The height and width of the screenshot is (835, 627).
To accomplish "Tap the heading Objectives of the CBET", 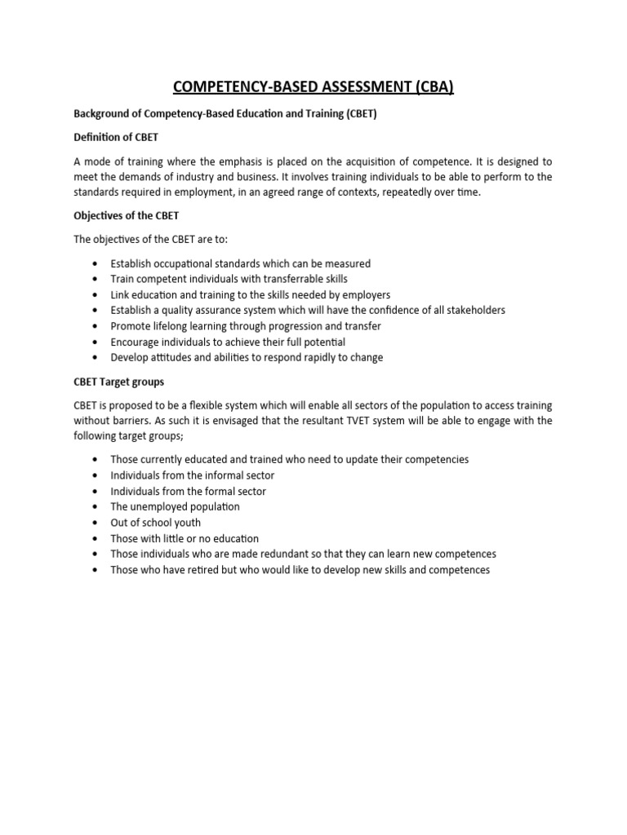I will [x=122, y=216].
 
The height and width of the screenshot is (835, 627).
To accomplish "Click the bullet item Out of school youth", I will [x=155, y=523].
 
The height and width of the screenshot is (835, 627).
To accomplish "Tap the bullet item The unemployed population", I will [x=175, y=507].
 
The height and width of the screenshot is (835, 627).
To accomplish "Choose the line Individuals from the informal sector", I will [x=192, y=475].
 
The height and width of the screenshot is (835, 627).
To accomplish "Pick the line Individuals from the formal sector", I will [x=188, y=492].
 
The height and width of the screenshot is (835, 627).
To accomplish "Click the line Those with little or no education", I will [x=185, y=539].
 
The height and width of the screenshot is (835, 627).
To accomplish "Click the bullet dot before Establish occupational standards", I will [x=96, y=264].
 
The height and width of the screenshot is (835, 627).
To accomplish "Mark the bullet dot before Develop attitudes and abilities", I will [x=96, y=358].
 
